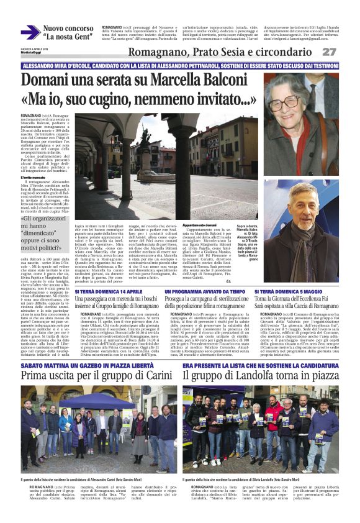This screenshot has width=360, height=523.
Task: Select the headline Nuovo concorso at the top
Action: (68, 29)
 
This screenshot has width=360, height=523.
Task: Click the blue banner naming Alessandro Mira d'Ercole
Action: (179, 66)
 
